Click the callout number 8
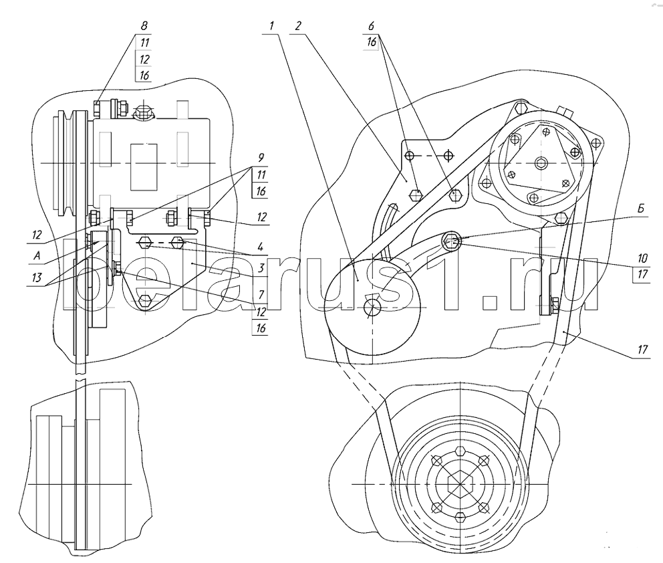coord(144,25)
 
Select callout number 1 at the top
coord(271,26)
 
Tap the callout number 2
coord(298,26)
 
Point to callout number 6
coord(371,26)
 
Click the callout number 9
coord(261,158)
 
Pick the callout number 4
coord(261,247)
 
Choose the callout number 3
coord(261,267)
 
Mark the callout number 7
coord(261,294)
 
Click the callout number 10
coord(642,258)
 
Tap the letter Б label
coord(641,209)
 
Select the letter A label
coord(37,255)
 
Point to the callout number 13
coord(37,277)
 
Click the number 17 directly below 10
coord(642,274)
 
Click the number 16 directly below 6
coord(371,42)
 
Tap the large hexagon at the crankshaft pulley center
coord(460,483)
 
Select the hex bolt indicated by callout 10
coord(450,241)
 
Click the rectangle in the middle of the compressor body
coord(144,166)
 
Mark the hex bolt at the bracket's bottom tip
coord(145,300)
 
